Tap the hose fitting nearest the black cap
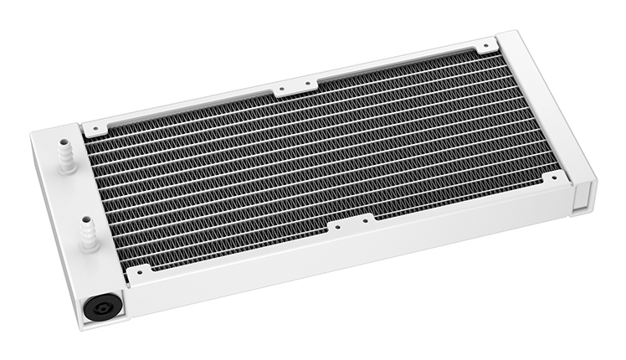86,234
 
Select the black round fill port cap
101,306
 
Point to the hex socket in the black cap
101,307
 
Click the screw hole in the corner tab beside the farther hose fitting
95,129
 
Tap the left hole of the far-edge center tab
281,86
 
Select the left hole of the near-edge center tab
336,226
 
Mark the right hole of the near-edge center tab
365,220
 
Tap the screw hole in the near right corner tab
554,178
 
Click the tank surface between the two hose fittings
75,197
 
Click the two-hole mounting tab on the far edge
295,85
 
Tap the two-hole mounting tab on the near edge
351,224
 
